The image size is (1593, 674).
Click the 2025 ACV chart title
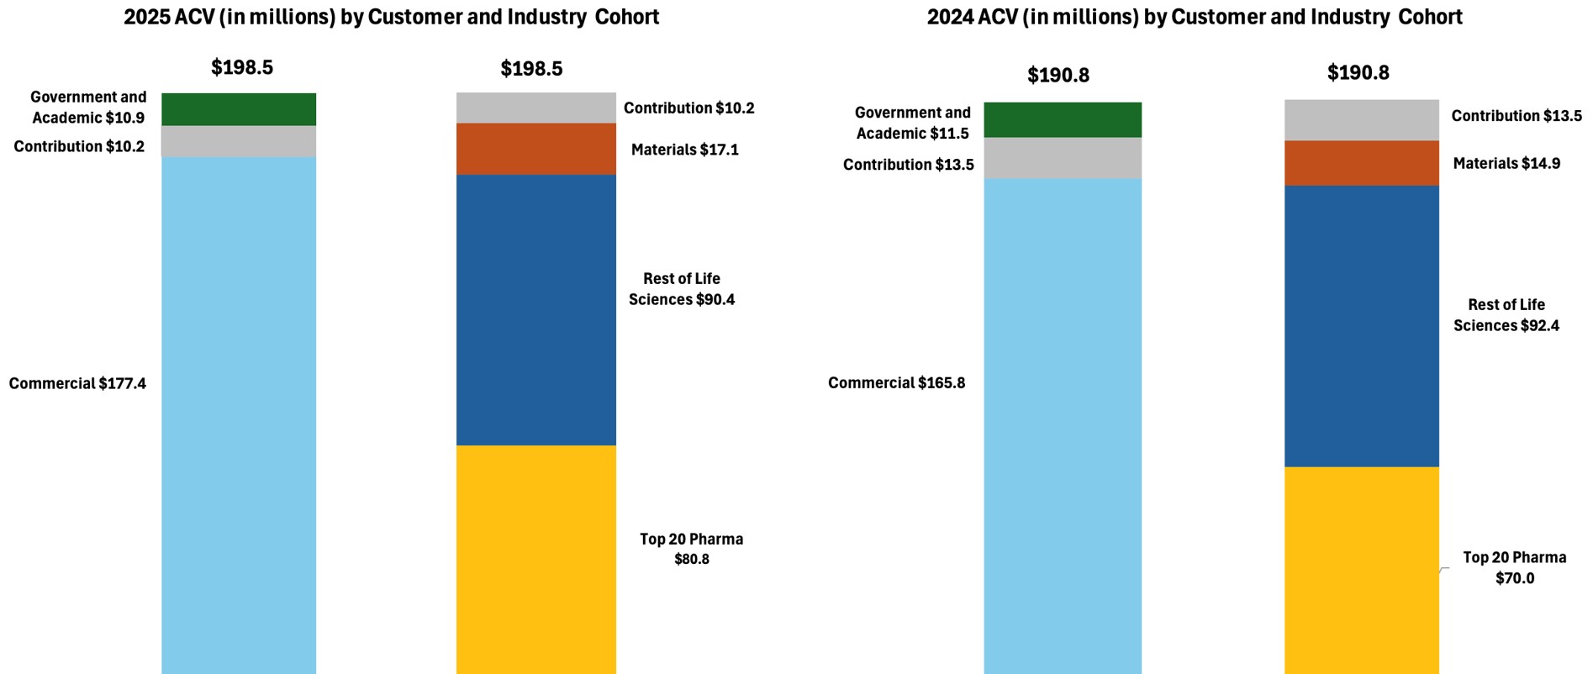pos(391,17)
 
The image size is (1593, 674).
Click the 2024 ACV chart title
pos(1194,17)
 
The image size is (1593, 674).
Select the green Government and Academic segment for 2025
pos(239,109)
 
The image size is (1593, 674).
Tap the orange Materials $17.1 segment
pos(535,149)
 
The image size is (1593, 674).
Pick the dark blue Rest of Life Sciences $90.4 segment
pos(535,309)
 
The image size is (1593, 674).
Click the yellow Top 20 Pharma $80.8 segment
pos(535,559)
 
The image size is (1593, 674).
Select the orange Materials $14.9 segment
pos(1361,163)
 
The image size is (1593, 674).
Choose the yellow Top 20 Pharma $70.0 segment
pos(1361,570)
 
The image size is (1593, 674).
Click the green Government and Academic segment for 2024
pos(1063,119)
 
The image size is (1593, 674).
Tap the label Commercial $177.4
pos(77,384)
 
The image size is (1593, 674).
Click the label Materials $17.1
pos(684,150)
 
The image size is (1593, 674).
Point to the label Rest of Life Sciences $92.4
pos(1506,315)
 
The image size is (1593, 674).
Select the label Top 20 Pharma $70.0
pos(1514,567)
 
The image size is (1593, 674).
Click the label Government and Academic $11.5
pos(912,123)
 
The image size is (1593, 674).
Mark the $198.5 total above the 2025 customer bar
pos(242,68)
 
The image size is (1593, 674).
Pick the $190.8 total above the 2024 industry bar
pos(1358,73)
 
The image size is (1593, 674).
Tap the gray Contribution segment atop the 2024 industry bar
pos(1361,120)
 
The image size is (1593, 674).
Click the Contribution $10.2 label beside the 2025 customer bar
pos(79,146)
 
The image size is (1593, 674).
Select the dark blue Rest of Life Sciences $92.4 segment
pos(1361,325)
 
